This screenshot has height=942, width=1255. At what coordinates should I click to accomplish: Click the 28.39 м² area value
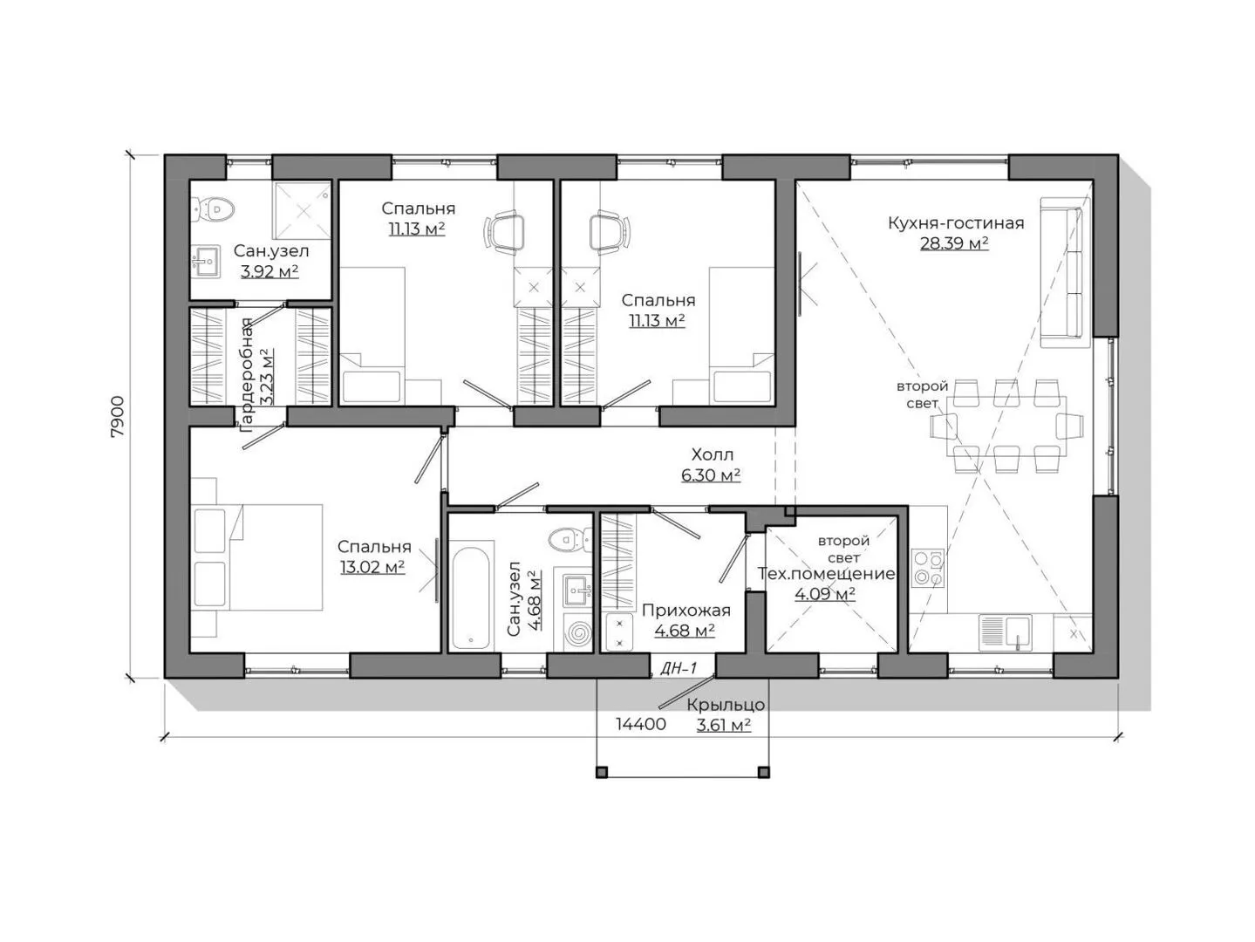click(954, 243)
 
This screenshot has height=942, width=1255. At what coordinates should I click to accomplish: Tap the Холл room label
click(712, 455)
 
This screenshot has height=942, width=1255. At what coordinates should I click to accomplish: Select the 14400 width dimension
click(640, 724)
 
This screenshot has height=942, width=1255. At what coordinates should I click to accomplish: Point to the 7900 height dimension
click(117, 417)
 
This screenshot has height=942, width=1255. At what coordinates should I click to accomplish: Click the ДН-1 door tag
click(679, 667)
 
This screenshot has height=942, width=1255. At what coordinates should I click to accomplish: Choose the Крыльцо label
click(726, 705)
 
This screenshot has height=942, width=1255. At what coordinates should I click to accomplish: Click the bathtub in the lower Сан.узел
click(471, 598)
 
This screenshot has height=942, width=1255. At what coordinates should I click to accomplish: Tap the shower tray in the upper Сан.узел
click(303, 210)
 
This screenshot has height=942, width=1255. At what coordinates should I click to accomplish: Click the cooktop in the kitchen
click(927, 568)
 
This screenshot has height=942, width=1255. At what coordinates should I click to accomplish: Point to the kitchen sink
click(1005, 632)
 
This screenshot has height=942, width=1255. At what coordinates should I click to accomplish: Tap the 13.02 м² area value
click(372, 567)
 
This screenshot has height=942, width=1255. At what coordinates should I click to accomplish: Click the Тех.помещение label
click(826, 573)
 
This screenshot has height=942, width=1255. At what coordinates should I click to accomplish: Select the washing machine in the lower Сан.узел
click(576, 632)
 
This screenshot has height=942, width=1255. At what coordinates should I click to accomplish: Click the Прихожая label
click(686, 611)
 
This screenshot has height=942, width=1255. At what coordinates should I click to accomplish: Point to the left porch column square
click(602, 773)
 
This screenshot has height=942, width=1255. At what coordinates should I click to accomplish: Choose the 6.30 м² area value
click(712, 475)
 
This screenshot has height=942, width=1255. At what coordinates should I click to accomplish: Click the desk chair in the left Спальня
click(505, 231)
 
